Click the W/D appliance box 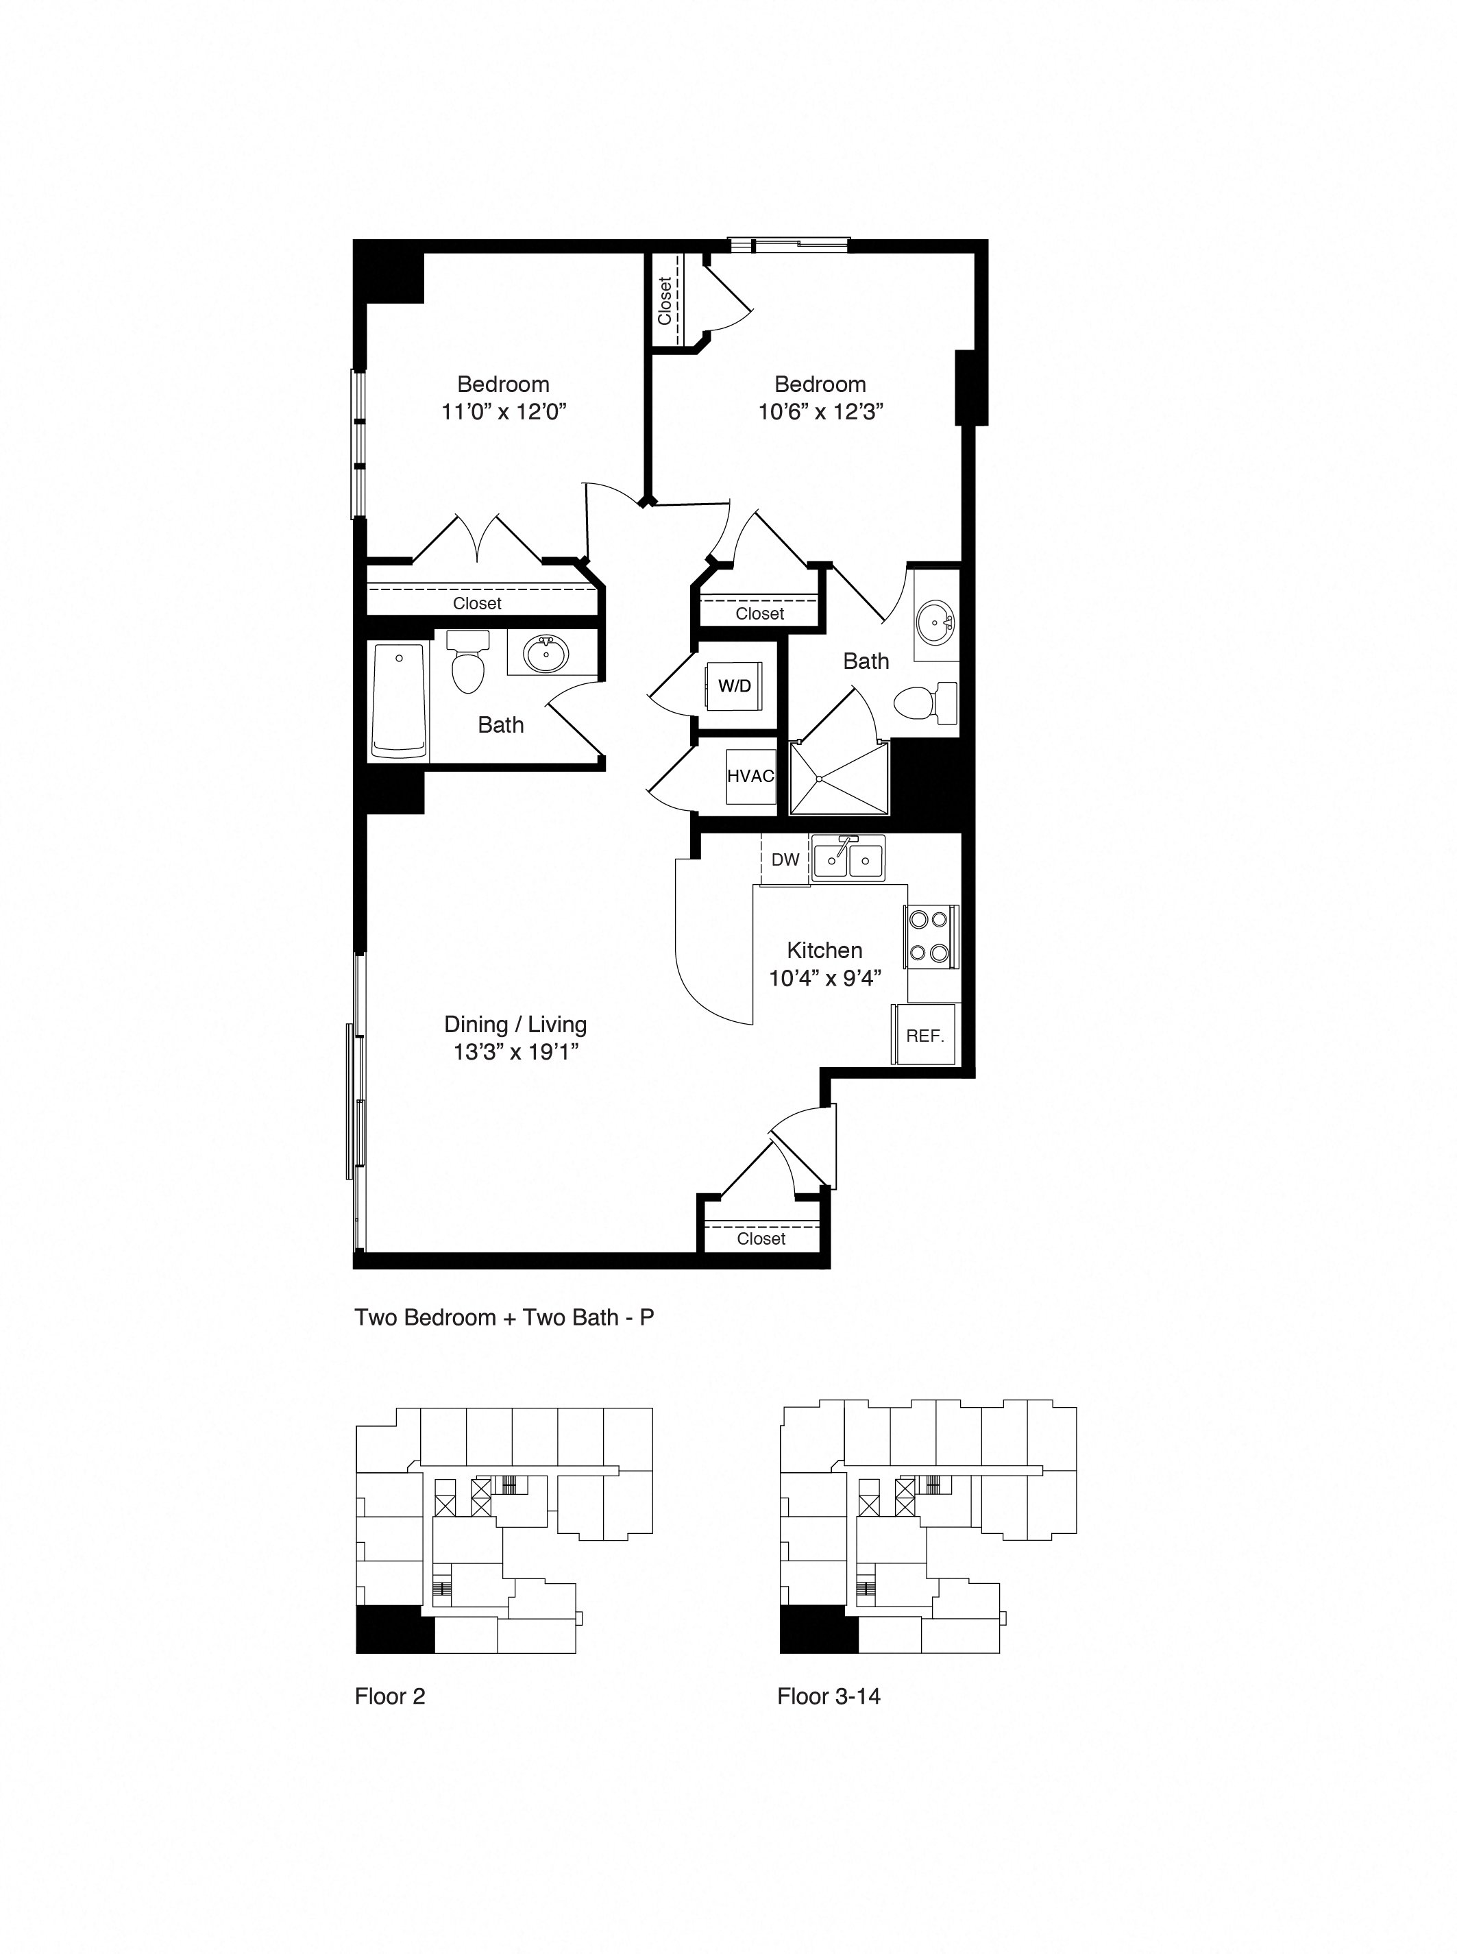click(x=734, y=685)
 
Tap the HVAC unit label click(x=750, y=776)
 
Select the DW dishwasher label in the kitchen click(x=785, y=859)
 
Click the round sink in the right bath click(x=934, y=624)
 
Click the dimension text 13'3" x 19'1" click(x=516, y=1051)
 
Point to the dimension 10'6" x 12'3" click(x=820, y=411)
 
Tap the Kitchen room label click(x=824, y=950)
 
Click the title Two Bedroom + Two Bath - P click(x=504, y=1317)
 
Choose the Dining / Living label click(x=515, y=1024)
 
